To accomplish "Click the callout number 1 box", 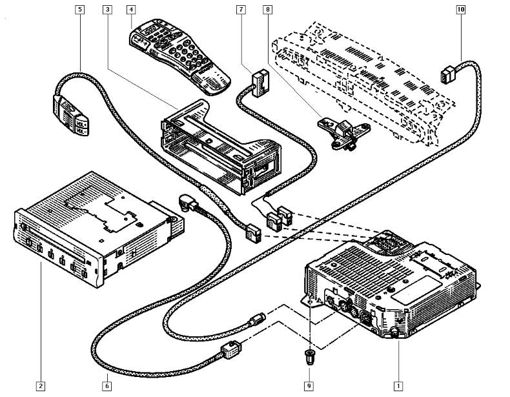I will coord(398,386).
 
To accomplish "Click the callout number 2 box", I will coord(41,386).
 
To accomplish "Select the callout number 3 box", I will coord(107,10).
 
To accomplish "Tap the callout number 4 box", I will coord(131,10).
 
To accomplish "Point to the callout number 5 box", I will coord(79,10).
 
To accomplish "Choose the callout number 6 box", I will coord(107,386).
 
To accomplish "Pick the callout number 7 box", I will coord(241,10).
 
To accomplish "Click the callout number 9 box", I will coord(309,386).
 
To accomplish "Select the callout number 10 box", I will coord(460,10).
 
